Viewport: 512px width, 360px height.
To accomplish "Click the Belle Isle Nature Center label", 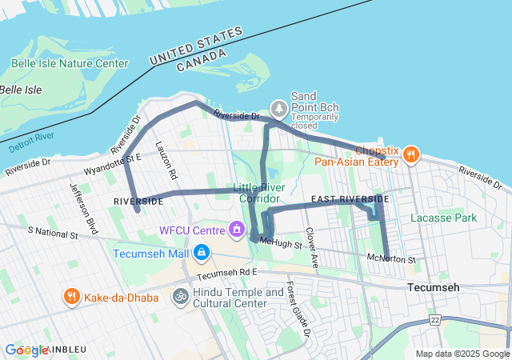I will click(x=70, y=64).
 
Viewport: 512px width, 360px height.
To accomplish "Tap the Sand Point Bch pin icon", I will click(x=278, y=106).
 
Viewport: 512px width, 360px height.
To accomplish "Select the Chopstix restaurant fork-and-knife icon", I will click(x=411, y=154).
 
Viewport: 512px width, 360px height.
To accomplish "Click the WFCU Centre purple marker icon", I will click(x=236, y=230).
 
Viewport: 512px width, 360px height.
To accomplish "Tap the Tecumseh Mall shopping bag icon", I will click(x=201, y=254).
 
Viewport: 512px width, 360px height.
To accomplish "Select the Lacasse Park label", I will click(x=443, y=218).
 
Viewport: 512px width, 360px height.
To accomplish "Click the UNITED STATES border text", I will click(x=196, y=48).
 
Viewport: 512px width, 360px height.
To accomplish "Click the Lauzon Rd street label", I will click(x=167, y=161).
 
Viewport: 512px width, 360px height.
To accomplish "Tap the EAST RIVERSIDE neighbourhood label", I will click(x=349, y=198).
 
